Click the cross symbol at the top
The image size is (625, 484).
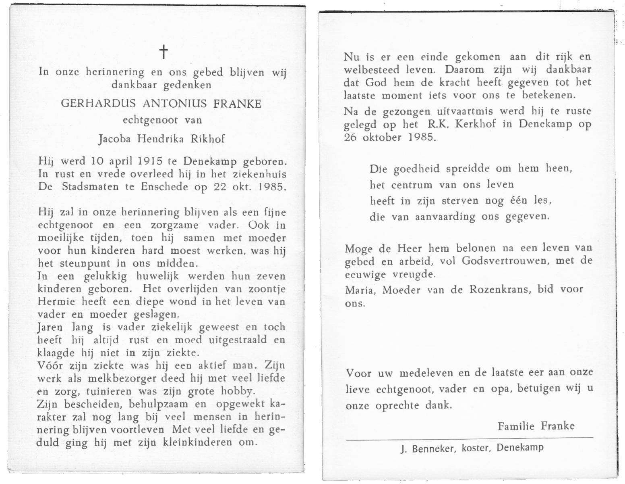pyautogui.click(x=163, y=52)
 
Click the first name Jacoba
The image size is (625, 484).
pyautogui.click(x=115, y=139)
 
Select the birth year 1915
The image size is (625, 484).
pyautogui.click(x=150, y=161)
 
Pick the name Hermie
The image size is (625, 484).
pyautogui.click(x=52, y=302)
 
